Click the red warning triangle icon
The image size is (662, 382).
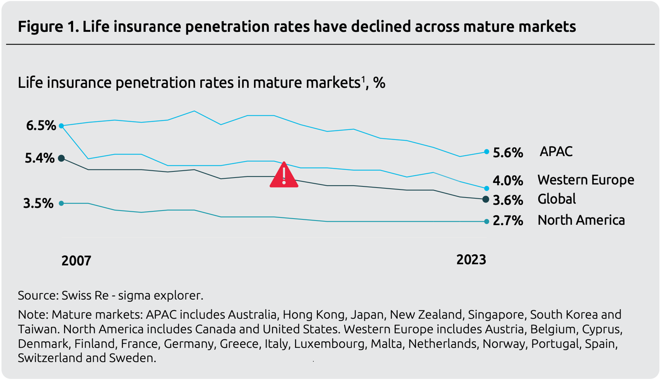coord(284,175)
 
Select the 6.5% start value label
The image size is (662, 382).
coord(41,126)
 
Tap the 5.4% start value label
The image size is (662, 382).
coord(40,158)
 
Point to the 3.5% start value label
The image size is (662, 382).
coord(38,203)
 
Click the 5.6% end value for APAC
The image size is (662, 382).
coord(508,153)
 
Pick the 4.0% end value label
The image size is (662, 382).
coord(508,181)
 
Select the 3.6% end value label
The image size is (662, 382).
coord(508,200)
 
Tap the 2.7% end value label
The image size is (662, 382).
coord(508,221)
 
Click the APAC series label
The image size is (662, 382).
coord(556,151)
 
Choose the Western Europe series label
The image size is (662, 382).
coord(586,180)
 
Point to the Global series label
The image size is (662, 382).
coord(557,199)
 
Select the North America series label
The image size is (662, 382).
coord(581,220)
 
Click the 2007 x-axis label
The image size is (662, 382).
coord(76,261)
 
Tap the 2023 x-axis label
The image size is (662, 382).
coord(471,260)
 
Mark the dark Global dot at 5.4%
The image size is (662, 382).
coord(61,158)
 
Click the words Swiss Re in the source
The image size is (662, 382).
coord(85,296)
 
